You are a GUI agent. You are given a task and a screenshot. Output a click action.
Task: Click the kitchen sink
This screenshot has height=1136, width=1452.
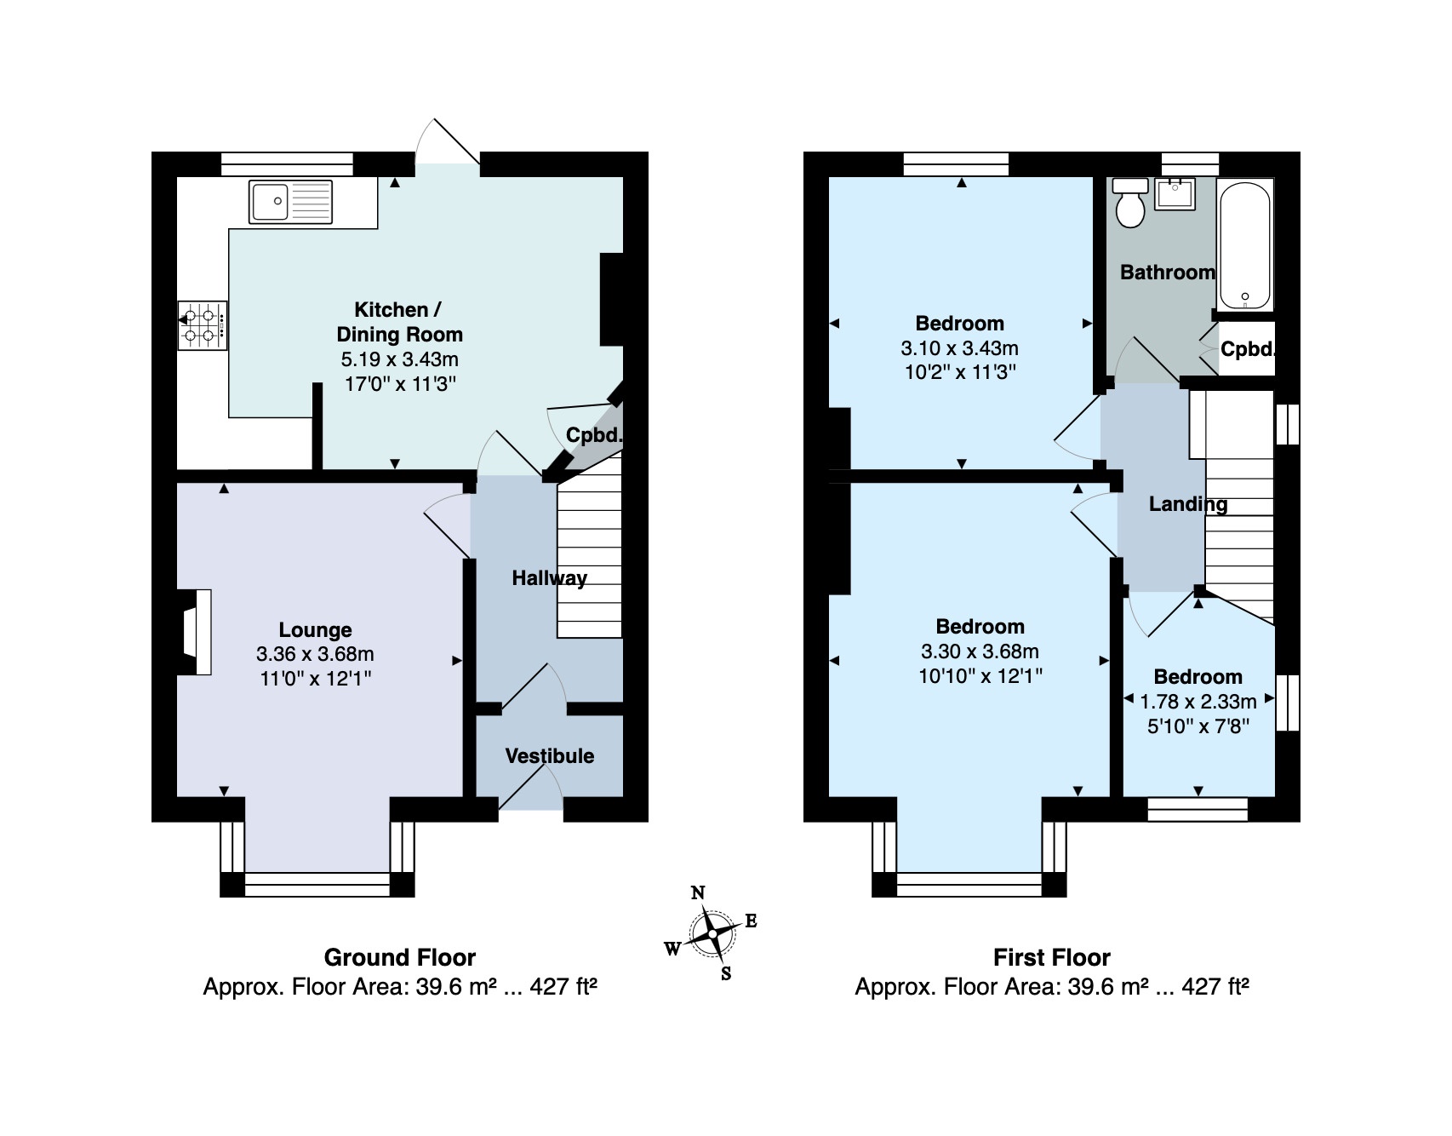(292, 202)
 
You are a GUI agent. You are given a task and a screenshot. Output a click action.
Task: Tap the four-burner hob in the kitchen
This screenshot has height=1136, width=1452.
(203, 325)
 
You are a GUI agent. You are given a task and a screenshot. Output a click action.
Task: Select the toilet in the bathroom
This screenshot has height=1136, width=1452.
(1131, 203)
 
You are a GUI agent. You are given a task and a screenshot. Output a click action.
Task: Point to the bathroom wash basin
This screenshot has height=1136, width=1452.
(1175, 193)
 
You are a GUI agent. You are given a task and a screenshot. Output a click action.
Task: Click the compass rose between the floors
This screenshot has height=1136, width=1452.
(712, 934)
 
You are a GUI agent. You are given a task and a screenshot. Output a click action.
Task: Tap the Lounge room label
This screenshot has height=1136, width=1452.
(315, 630)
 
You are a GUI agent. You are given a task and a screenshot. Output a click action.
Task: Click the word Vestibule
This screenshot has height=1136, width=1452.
(550, 756)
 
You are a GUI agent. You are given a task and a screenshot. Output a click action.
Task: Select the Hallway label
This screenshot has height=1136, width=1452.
(549, 578)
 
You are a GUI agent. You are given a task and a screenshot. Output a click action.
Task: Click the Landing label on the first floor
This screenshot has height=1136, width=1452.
(1188, 504)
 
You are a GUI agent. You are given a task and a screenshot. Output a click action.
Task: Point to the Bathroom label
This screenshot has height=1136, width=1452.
(1168, 273)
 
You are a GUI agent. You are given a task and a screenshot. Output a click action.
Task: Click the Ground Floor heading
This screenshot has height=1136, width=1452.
(400, 958)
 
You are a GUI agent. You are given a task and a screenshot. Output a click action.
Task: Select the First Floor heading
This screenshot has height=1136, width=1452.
(1052, 958)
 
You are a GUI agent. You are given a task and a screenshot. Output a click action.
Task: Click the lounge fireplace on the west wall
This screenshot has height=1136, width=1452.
(195, 633)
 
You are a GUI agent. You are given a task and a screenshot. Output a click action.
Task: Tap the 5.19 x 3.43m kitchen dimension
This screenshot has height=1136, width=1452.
(400, 359)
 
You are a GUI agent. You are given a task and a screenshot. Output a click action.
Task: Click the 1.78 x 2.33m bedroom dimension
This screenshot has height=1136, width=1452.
(1198, 702)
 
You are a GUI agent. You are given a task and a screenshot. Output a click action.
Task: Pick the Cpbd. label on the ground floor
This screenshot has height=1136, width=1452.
(594, 435)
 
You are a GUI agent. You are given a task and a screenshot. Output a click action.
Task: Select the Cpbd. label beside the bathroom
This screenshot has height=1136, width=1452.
(1248, 349)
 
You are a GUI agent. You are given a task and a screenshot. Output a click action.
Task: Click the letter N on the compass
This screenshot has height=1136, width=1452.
(698, 892)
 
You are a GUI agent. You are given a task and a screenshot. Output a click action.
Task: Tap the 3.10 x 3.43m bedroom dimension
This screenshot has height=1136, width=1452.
(960, 348)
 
